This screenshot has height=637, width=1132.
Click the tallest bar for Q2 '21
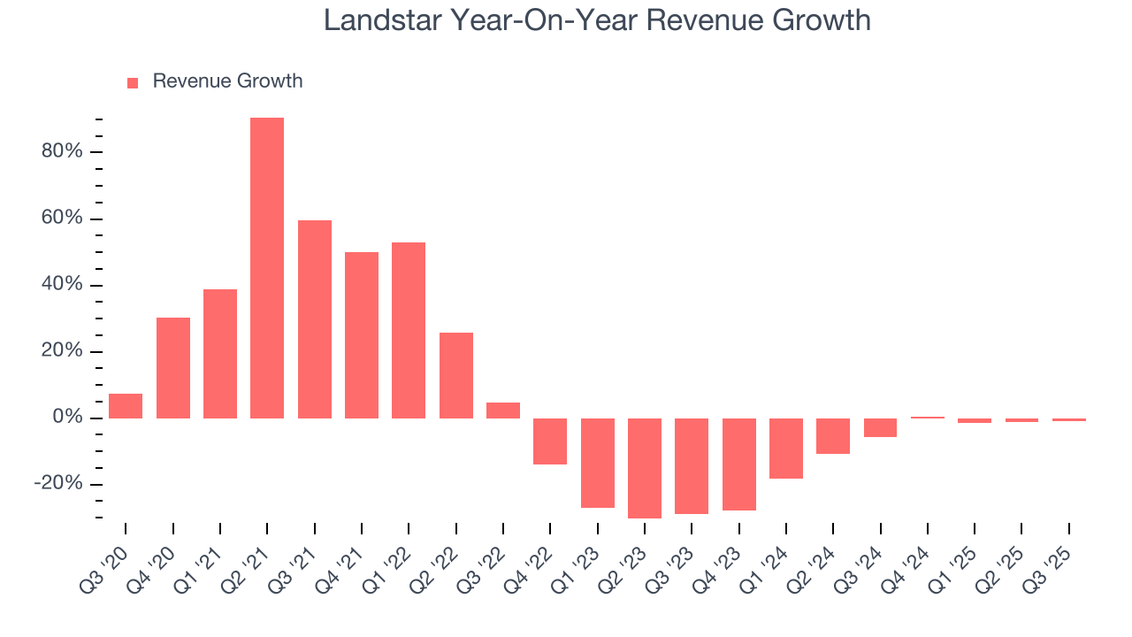[267, 268]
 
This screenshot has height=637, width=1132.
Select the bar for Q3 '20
[126, 406]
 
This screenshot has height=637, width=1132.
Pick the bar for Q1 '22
[409, 330]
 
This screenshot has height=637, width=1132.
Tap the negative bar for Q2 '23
[645, 468]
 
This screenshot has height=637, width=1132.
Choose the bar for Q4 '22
[550, 441]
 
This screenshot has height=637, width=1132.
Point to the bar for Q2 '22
[456, 375]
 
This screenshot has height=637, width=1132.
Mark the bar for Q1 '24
[786, 449]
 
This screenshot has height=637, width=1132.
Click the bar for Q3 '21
[315, 319]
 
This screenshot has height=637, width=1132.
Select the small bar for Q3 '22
[503, 411]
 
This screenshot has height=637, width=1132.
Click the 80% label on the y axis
[62, 152]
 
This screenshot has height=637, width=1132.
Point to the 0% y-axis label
[66, 418]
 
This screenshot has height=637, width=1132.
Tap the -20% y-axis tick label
[58, 484]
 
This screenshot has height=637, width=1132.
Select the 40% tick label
[62, 285]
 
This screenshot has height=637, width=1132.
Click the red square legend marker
[133, 82]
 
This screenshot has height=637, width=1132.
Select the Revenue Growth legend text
[227, 81]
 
